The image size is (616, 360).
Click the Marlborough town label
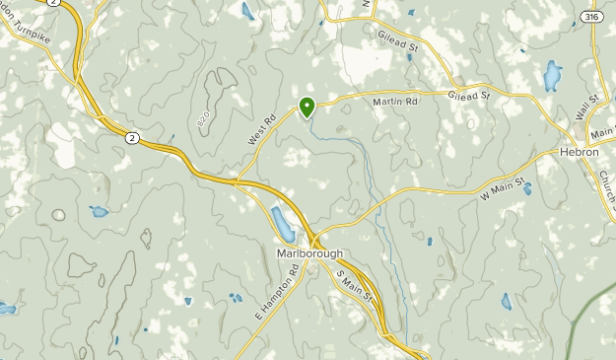tap(309, 253)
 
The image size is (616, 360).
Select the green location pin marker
tap(308, 107)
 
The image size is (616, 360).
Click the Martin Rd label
tap(395, 102)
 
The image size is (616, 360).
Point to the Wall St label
tap(588, 103)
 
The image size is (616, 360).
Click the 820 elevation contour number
tap(203, 119)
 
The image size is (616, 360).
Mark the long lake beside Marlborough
tap(282, 225)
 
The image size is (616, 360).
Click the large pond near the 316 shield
tap(552, 75)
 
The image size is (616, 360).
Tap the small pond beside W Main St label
tap(527, 188)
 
